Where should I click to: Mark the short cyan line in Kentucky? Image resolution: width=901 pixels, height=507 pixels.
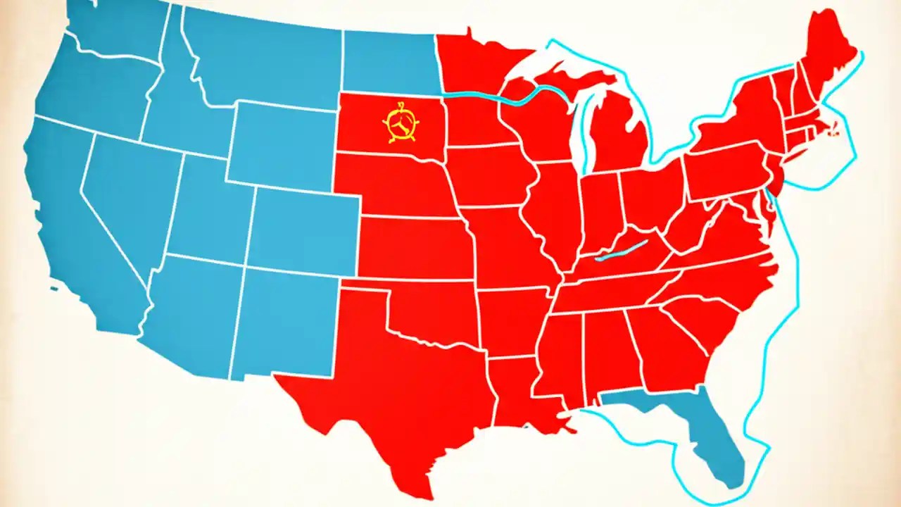[x=621, y=250]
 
